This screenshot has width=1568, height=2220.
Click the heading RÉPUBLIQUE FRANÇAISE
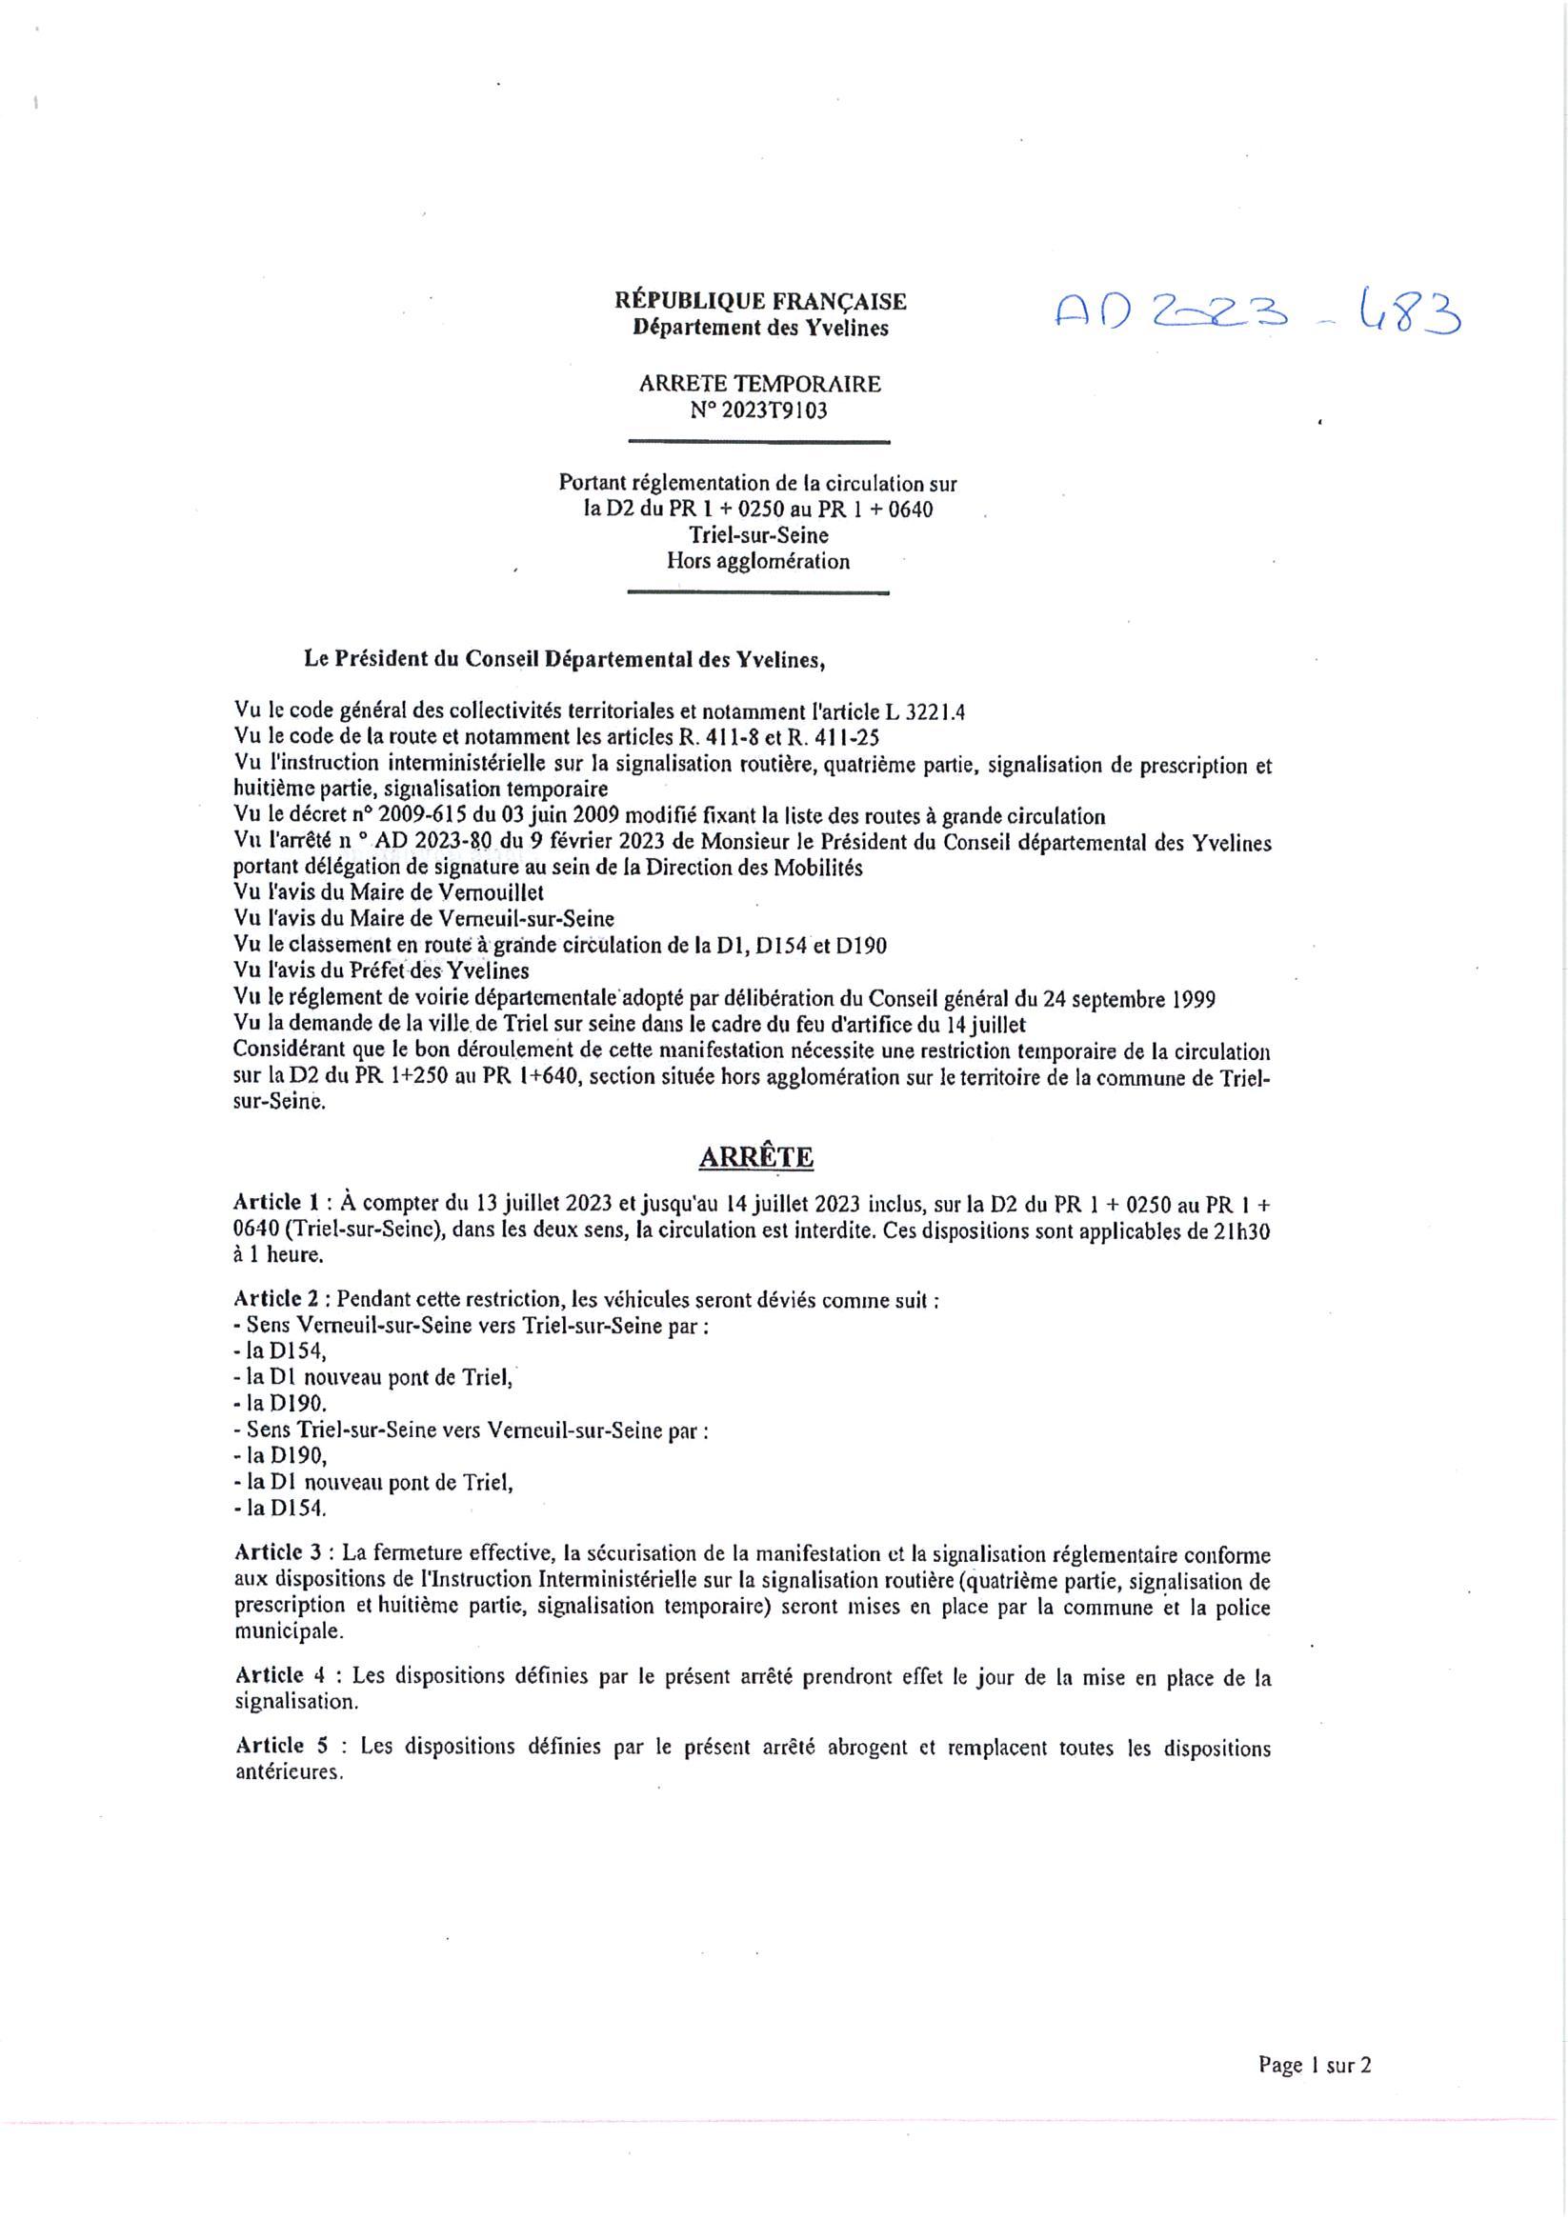[760, 301]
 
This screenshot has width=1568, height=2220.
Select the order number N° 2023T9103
[759, 410]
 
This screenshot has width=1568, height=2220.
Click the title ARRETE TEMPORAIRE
[759, 384]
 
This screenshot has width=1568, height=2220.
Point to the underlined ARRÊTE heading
[756, 1157]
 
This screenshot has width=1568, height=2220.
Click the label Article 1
[275, 1203]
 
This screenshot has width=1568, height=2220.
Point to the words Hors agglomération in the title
[758, 562]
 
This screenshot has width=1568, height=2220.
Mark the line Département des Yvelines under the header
[760, 328]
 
